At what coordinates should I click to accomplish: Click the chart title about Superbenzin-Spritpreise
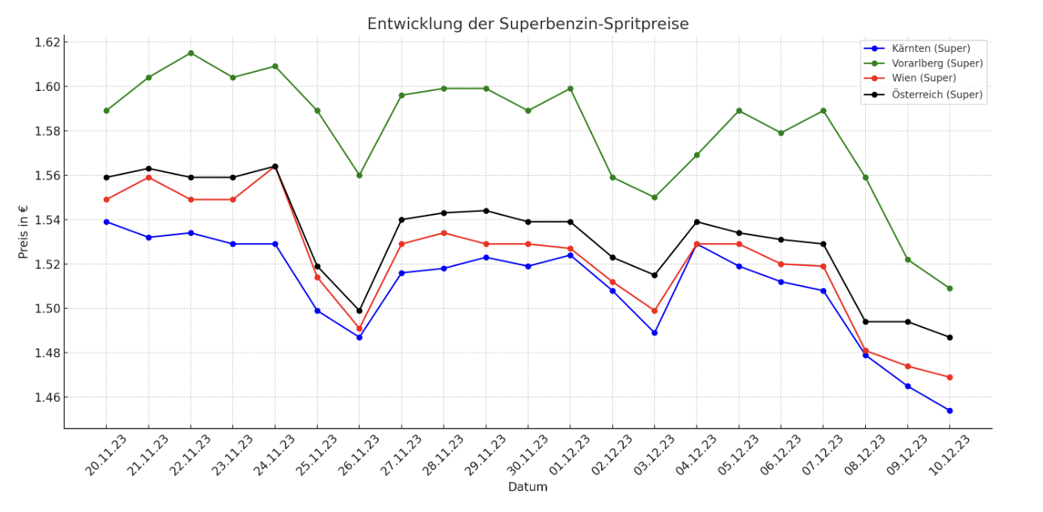click(x=528, y=24)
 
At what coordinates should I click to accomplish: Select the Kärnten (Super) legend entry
click(x=931, y=49)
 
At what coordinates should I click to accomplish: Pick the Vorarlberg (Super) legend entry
click(x=937, y=63)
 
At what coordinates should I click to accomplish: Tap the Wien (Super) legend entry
click(x=924, y=78)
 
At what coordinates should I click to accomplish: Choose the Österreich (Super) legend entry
click(x=937, y=95)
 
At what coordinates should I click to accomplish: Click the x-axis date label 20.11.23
click(x=106, y=455)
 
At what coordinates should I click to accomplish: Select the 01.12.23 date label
click(x=570, y=455)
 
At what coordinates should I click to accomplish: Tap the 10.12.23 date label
click(x=949, y=455)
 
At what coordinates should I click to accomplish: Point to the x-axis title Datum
click(x=528, y=488)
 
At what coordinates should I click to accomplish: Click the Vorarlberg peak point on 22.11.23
click(x=191, y=53)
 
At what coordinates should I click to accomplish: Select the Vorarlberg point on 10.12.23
click(x=949, y=289)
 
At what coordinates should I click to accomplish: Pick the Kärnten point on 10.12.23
click(x=949, y=410)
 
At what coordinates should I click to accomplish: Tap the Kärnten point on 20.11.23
click(x=106, y=222)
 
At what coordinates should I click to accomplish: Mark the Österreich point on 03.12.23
click(x=654, y=275)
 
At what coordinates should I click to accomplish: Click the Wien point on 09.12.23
click(x=908, y=366)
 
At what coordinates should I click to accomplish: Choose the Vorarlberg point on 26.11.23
click(x=359, y=175)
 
